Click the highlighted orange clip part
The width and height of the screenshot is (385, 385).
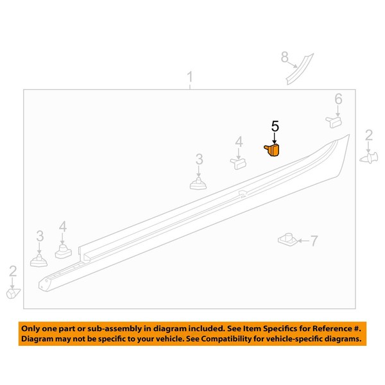[272, 150]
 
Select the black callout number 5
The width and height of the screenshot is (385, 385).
[275, 126]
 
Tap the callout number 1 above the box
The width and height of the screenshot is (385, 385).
[190, 77]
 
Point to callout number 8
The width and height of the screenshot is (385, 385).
[284, 57]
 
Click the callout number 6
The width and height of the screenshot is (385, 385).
[338, 99]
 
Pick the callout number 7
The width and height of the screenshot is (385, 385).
[314, 241]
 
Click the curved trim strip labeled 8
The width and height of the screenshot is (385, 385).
[300, 69]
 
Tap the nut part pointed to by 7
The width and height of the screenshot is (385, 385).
[287, 239]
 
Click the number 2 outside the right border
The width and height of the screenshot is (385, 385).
[369, 135]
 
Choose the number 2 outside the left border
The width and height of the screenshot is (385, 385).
[13, 271]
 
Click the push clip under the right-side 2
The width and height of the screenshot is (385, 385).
[369, 158]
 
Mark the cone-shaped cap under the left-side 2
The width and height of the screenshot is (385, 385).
[13, 293]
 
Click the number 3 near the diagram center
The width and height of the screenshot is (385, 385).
[199, 159]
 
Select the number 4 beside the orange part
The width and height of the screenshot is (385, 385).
[239, 142]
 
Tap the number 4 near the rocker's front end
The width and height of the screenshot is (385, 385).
[63, 227]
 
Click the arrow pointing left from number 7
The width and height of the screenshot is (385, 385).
[304, 241]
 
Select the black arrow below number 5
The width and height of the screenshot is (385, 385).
[275, 138]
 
